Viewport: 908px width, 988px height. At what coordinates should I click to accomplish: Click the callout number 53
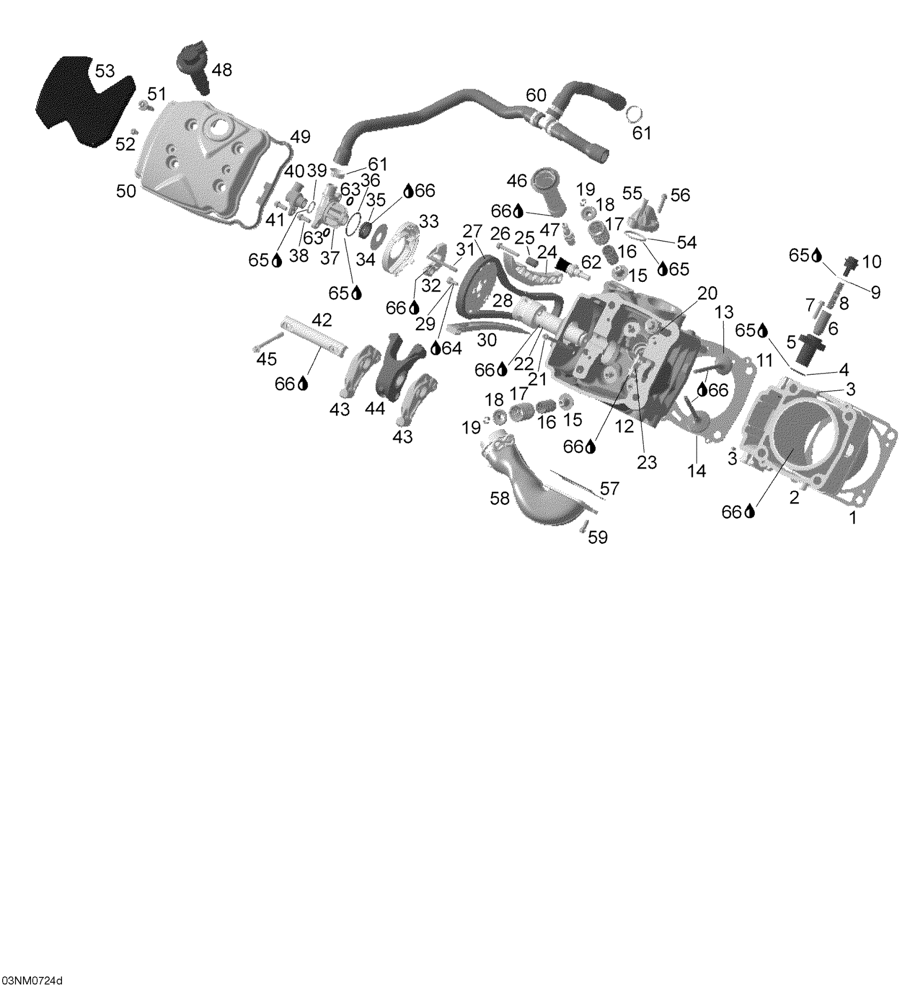[105, 71]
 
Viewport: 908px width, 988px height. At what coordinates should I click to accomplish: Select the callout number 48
[222, 70]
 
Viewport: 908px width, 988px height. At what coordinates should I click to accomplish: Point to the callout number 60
[536, 95]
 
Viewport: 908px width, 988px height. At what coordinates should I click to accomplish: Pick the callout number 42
[322, 320]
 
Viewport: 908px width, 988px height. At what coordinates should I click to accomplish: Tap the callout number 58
[500, 498]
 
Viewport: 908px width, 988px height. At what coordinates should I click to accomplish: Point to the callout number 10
[872, 262]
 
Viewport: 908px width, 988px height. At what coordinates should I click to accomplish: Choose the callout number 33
[428, 221]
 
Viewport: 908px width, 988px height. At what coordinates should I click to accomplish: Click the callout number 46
[516, 181]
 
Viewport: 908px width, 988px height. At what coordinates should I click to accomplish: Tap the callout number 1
[853, 517]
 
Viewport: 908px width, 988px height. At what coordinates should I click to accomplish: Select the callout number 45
[267, 359]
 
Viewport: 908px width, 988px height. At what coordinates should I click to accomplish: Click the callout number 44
[375, 409]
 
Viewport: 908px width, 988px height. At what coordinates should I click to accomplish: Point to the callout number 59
[598, 537]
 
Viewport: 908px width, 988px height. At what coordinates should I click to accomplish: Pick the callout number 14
[698, 471]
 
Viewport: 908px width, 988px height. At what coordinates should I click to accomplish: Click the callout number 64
[452, 348]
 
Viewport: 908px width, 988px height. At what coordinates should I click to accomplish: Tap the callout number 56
[680, 195]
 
